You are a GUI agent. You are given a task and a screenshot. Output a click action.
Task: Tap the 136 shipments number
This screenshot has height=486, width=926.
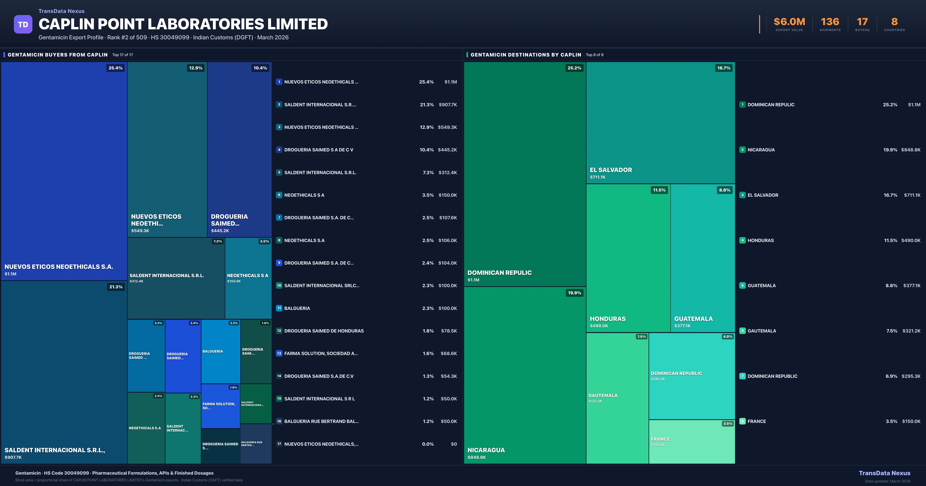(830, 22)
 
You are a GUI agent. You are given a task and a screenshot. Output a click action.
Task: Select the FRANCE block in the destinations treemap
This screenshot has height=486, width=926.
(692, 441)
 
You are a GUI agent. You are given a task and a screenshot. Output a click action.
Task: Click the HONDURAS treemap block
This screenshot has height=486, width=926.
(628, 258)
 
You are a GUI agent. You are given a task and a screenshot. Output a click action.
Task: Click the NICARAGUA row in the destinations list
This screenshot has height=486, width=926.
(761, 150)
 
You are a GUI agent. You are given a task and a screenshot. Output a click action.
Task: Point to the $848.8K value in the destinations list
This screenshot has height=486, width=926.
(911, 150)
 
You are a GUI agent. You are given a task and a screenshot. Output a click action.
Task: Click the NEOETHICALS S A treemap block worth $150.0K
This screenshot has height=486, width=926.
(248, 278)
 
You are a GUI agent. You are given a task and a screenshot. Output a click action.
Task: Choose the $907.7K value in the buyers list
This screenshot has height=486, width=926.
(448, 105)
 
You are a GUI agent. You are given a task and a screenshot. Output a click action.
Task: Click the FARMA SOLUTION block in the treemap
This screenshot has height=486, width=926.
(220, 406)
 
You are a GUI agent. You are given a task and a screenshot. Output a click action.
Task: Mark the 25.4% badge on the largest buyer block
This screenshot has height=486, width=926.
(115, 68)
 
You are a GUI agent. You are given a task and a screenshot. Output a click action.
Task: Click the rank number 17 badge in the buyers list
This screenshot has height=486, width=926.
(279, 444)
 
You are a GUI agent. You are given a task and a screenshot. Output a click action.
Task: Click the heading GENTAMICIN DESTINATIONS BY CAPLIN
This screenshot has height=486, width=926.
(526, 55)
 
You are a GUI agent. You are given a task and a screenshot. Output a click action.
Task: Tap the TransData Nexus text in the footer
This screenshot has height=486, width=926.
(884, 473)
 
